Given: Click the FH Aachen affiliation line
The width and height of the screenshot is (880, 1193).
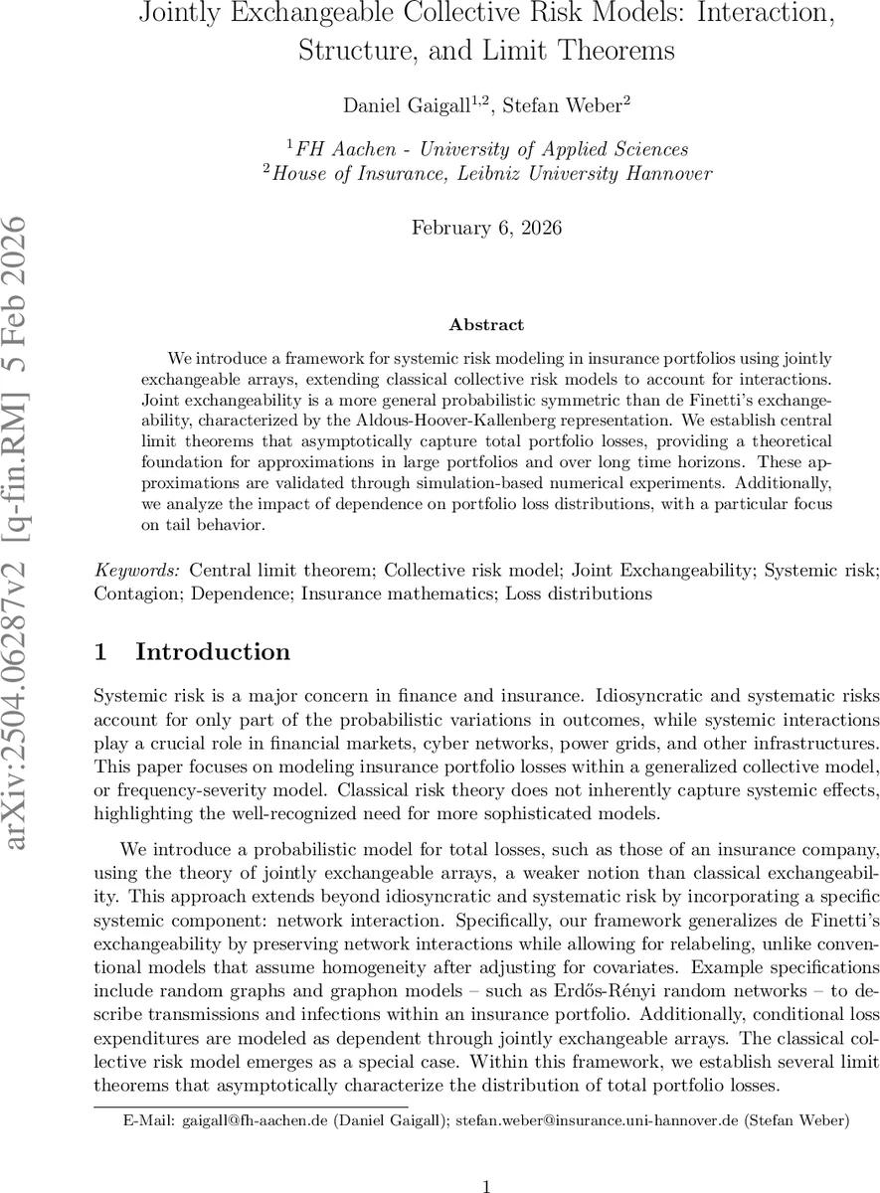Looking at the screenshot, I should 487,149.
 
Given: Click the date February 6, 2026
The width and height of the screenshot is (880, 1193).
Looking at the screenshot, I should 486,228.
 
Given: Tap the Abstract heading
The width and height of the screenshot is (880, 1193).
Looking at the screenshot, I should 486,324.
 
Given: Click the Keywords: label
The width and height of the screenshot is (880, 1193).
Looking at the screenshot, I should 137,571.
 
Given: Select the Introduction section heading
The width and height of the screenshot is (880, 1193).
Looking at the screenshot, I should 213,652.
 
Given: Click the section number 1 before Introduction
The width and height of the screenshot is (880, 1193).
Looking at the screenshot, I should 99,652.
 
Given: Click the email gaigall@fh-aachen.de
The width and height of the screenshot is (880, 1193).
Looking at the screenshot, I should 255,1120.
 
